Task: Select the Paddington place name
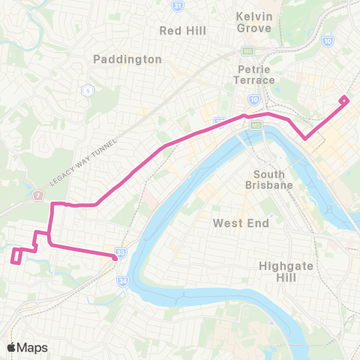(x=127, y=58)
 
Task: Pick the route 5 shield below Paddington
(x=88, y=91)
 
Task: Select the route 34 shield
(x=122, y=281)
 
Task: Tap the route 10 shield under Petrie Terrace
(x=254, y=97)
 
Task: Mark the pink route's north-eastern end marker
(x=343, y=100)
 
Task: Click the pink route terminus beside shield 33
(x=114, y=257)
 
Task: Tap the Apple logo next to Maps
(x=12, y=347)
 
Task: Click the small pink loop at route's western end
(x=16, y=255)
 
